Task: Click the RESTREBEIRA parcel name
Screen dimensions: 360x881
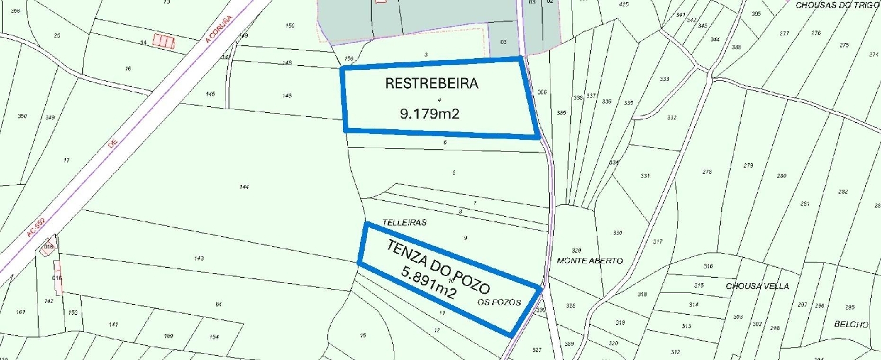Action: (432, 83)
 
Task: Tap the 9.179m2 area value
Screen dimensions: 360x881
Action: (429, 114)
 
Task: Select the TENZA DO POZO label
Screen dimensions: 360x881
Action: (438, 267)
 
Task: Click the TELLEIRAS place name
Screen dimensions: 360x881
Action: (403, 223)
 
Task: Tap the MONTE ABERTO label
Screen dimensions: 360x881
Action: (590, 260)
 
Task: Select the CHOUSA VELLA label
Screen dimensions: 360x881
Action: (757, 286)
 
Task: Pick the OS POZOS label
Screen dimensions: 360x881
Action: (500, 302)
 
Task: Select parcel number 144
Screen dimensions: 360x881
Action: (244, 187)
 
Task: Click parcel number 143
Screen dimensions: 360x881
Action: (199, 258)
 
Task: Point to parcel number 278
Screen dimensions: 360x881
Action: (707, 172)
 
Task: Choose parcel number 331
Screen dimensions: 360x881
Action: (645, 176)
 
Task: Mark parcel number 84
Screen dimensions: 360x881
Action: (218, 304)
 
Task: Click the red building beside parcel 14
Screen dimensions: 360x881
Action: (164, 41)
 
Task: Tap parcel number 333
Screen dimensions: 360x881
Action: (664, 79)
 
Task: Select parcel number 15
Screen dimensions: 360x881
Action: (362, 335)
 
